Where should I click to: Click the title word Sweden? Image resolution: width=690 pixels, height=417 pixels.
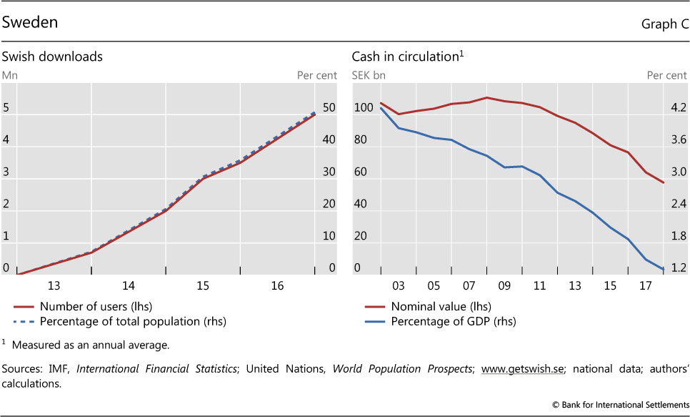tap(30, 22)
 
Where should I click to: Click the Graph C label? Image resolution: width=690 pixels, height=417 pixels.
tap(664, 24)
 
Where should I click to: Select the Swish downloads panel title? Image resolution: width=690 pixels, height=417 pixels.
tap(52, 57)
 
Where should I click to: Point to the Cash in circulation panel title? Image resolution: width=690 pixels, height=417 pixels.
tap(404, 57)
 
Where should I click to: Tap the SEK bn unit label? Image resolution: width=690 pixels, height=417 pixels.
tap(369, 74)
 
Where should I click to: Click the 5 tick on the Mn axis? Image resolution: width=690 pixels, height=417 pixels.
tap(6, 108)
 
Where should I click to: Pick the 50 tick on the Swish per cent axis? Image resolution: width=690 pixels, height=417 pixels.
tap(329, 108)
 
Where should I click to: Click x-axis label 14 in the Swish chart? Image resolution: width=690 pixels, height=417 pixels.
tap(128, 286)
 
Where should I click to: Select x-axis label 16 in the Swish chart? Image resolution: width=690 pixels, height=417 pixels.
tap(277, 286)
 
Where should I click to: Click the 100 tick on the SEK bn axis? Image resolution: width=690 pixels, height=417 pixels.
tap(364, 108)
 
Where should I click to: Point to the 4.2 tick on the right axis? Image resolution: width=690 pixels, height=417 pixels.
tap(678, 108)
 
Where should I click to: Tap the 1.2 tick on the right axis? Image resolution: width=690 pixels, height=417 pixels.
tap(678, 268)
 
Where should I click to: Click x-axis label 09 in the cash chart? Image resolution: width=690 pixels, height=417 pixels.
tap(504, 286)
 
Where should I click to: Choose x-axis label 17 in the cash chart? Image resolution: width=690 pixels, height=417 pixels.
tap(646, 286)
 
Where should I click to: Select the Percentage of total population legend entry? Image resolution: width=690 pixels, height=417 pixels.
tap(132, 321)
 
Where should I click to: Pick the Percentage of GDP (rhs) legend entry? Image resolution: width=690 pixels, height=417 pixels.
tap(453, 321)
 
